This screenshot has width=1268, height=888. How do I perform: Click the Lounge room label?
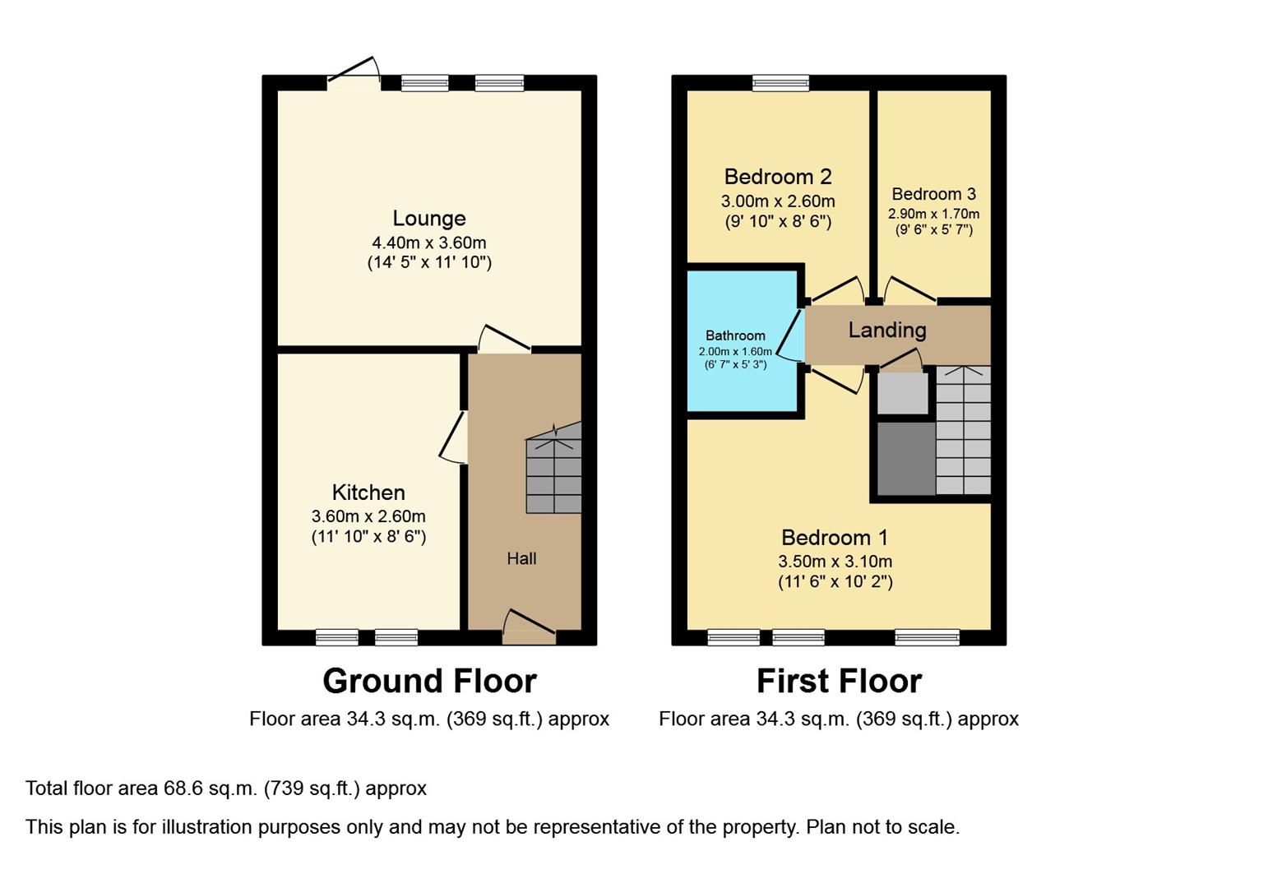pyautogui.click(x=428, y=219)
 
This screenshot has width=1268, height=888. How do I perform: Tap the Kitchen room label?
pyautogui.click(x=368, y=493)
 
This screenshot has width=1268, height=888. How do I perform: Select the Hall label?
pyautogui.click(x=521, y=559)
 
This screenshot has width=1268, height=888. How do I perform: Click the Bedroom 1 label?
pyautogui.click(x=835, y=538)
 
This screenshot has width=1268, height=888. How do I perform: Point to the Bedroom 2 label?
pyautogui.click(x=778, y=177)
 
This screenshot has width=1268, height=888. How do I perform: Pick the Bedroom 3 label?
pyautogui.click(x=933, y=194)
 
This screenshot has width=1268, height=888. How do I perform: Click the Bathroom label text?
pyautogui.click(x=735, y=335)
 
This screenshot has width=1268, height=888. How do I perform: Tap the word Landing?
pyautogui.click(x=887, y=331)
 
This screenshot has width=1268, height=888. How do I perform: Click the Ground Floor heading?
pyautogui.click(x=429, y=682)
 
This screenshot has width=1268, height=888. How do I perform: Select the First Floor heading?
pyautogui.click(x=839, y=682)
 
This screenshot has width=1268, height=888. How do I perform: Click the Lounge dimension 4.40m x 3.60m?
pyautogui.click(x=428, y=243)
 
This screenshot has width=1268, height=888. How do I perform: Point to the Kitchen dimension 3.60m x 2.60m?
pyautogui.click(x=368, y=517)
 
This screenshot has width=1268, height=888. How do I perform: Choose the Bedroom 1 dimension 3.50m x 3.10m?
pyautogui.click(x=835, y=562)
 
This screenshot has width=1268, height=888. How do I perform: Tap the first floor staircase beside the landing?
pyautogui.click(x=963, y=432)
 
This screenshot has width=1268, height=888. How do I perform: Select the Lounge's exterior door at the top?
pyautogui.click(x=354, y=72)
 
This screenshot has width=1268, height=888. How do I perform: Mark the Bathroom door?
pyautogui.click(x=790, y=335)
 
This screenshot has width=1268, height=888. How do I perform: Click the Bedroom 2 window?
pyautogui.click(x=780, y=82)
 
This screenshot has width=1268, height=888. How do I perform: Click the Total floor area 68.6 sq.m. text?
pyautogui.click(x=226, y=789)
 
